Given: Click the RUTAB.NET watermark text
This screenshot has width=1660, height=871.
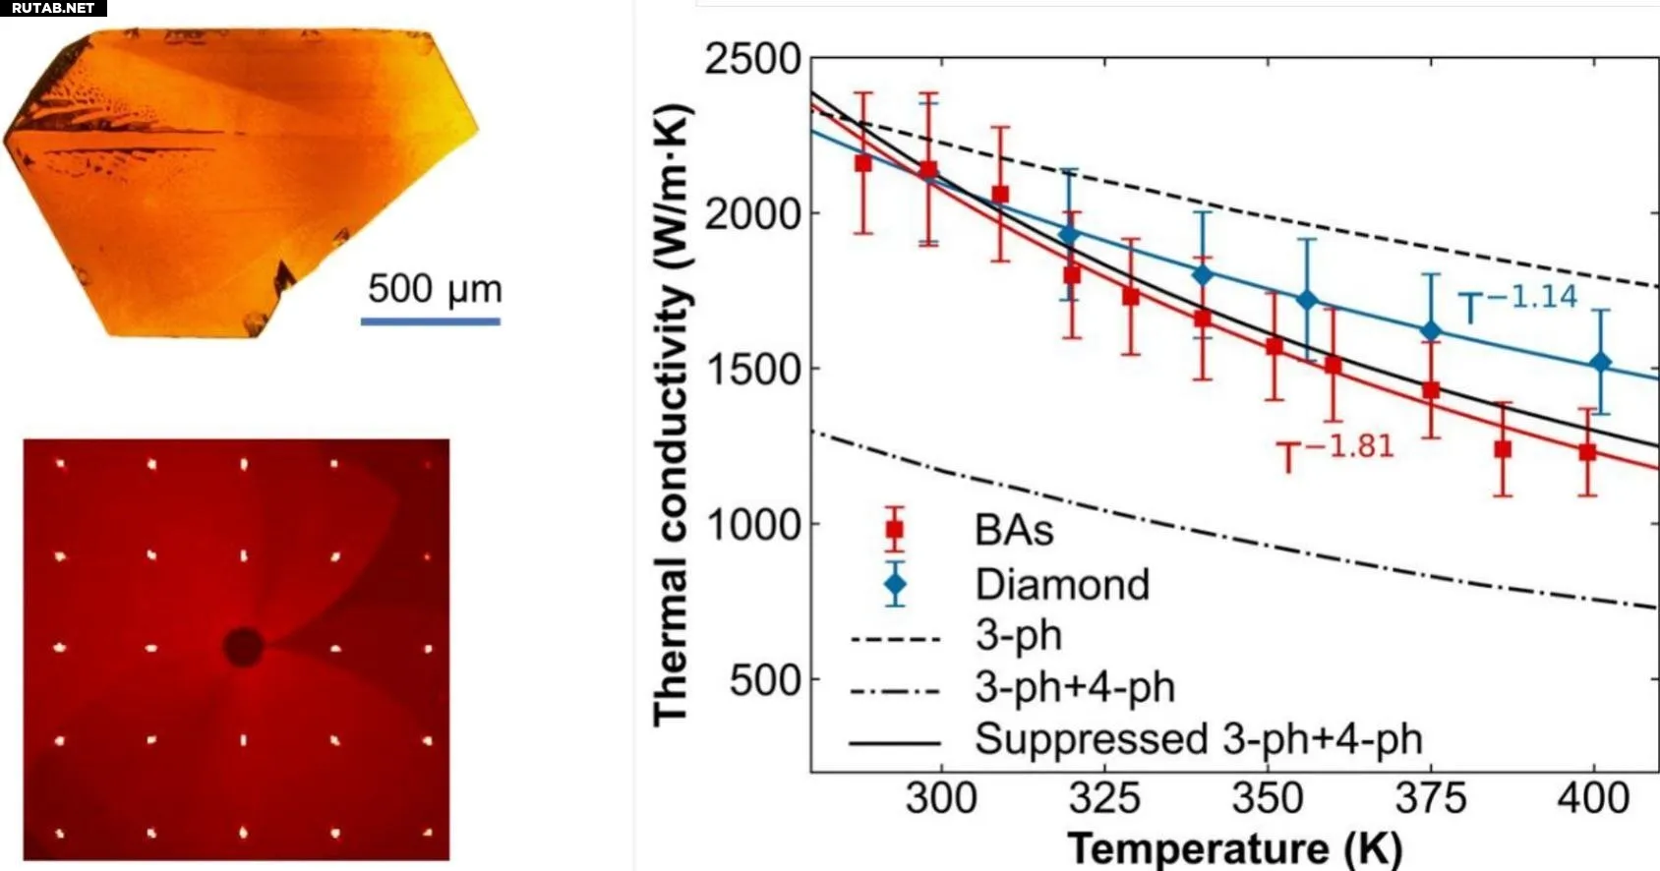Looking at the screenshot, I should [53, 8].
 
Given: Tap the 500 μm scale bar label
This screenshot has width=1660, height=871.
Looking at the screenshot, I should [435, 289].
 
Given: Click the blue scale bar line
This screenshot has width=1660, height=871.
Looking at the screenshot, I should [431, 320].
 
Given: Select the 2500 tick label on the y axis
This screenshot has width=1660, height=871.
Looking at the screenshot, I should [752, 59].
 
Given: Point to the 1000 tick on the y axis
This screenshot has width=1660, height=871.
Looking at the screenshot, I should [752, 524].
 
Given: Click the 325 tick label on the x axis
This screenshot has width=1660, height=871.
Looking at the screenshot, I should [1103, 798].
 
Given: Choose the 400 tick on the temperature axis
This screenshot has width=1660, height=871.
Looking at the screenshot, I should [1593, 798].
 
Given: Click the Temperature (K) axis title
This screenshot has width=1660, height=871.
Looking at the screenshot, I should [1234, 847].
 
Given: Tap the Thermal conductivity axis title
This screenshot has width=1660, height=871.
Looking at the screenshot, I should [674, 413].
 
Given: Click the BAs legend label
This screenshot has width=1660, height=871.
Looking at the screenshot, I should [1014, 531].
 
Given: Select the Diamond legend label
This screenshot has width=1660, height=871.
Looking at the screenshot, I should [1062, 585].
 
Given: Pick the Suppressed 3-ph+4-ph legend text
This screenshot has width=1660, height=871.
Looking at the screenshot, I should [1198, 739].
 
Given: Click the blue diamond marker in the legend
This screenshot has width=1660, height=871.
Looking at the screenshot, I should [895, 585].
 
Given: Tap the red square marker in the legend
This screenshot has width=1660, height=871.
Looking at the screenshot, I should [894, 530].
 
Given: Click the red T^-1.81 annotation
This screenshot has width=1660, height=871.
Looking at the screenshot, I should [1335, 452].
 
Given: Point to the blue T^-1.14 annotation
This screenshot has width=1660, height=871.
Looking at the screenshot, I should [1517, 302].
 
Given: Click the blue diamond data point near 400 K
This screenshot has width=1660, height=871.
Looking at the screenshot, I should [1601, 363].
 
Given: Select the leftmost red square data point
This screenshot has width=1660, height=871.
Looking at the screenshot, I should [863, 163].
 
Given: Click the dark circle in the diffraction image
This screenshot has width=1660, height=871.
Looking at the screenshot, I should [243, 647].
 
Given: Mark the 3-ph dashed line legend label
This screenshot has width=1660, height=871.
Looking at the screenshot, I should [1019, 636].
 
